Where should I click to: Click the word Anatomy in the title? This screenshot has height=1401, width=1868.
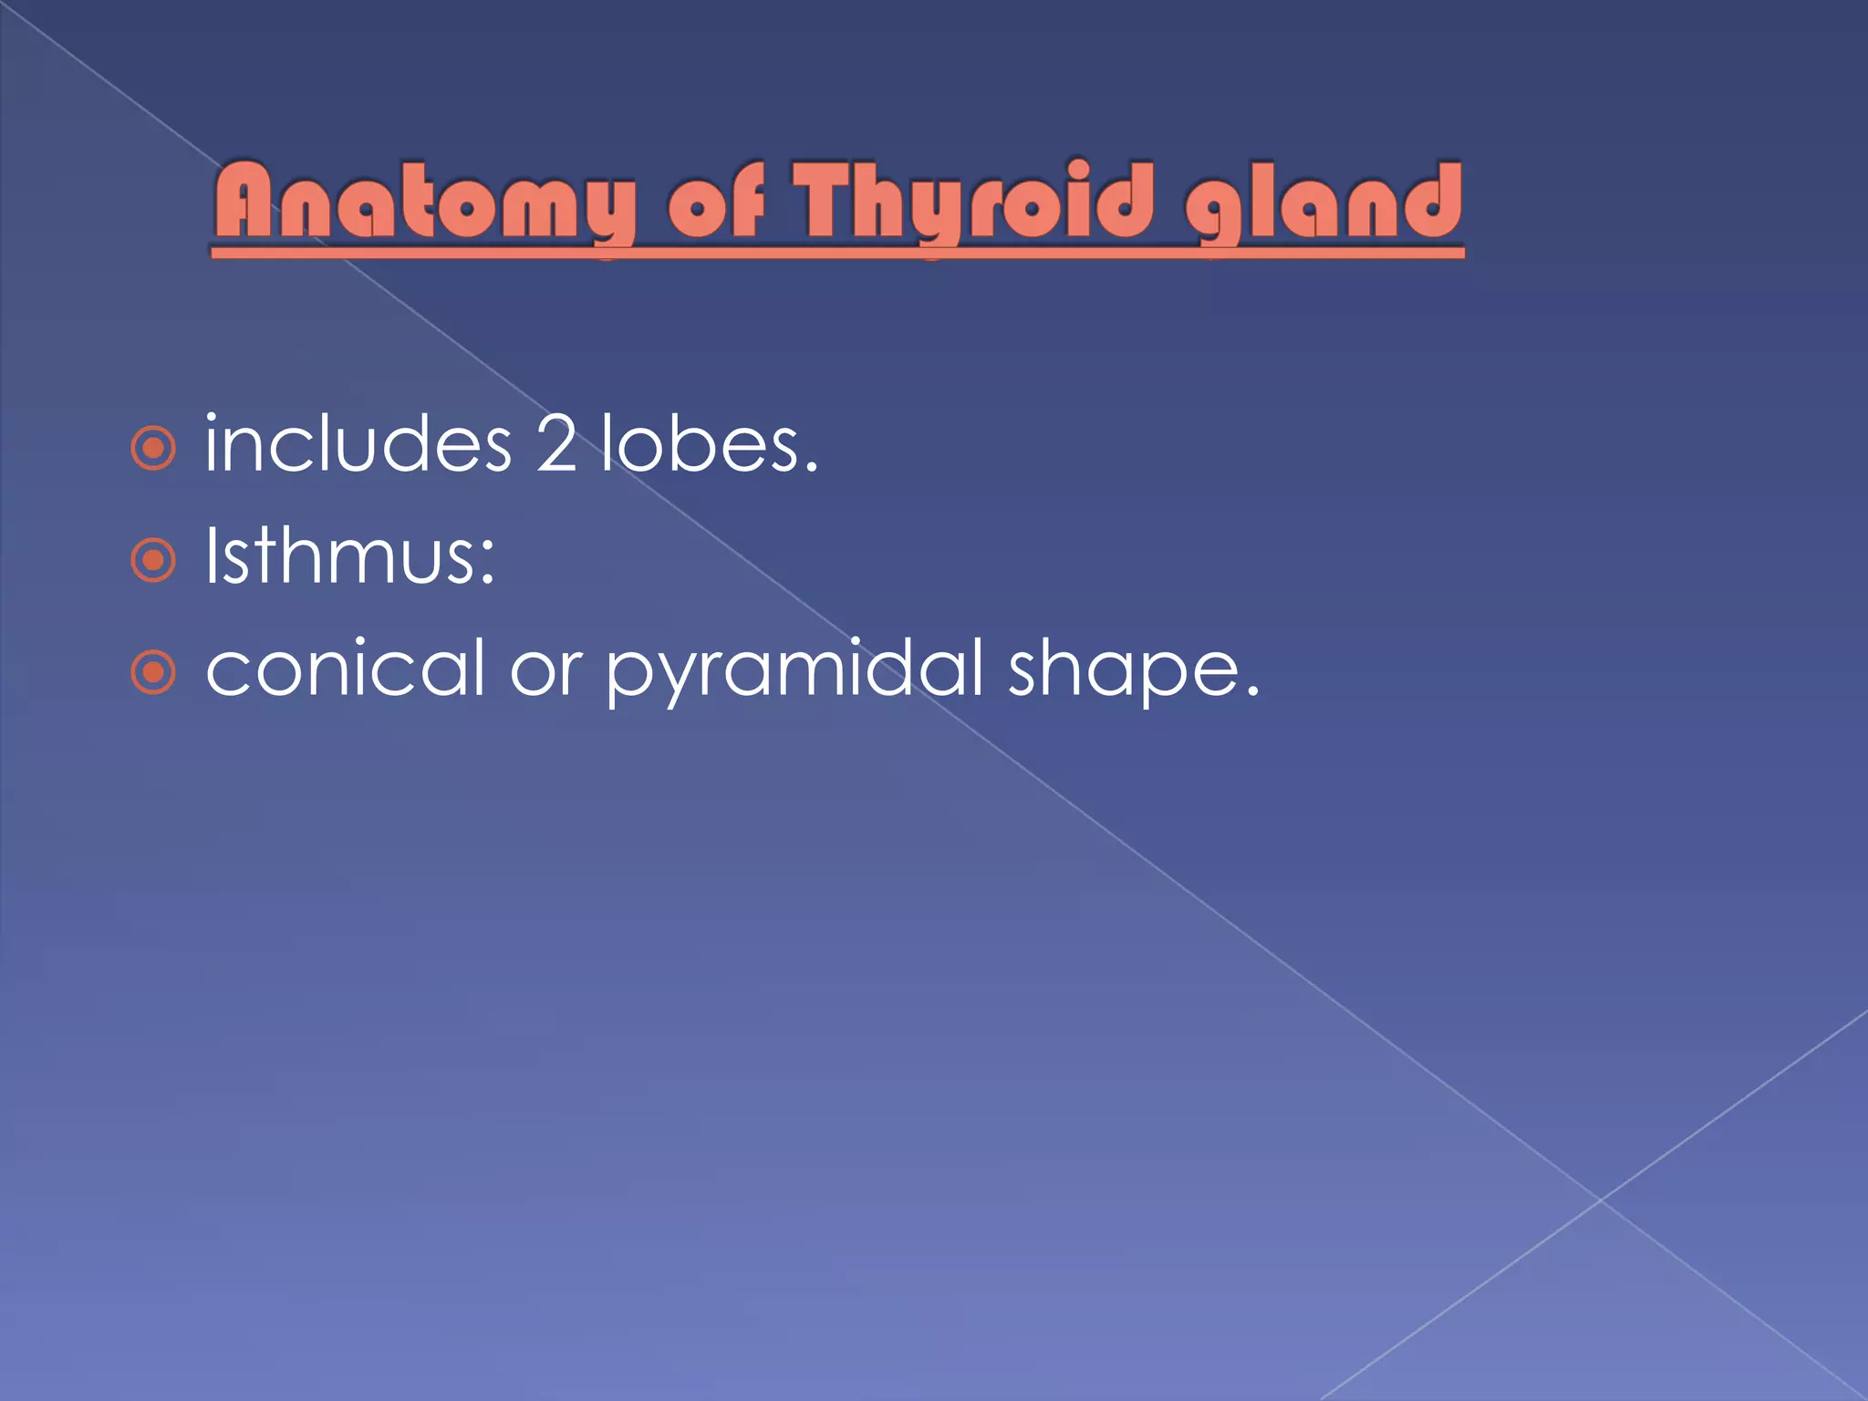(x=425, y=202)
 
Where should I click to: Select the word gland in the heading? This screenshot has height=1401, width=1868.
(x=1323, y=202)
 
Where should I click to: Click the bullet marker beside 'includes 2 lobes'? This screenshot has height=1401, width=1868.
(x=153, y=448)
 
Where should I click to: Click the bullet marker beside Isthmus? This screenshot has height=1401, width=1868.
(x=153, y=560)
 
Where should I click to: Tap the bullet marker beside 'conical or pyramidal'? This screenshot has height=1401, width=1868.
(x=153, y=673)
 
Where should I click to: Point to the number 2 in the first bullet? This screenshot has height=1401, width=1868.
(x=555, y=444)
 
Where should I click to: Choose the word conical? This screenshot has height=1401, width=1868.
(x=345, y=669)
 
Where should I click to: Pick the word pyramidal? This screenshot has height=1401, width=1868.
(x=794, y=671)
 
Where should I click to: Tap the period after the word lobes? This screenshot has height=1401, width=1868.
(x=811, y=468)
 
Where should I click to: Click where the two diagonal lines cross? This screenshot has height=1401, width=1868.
(x=1601, y=1200)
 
